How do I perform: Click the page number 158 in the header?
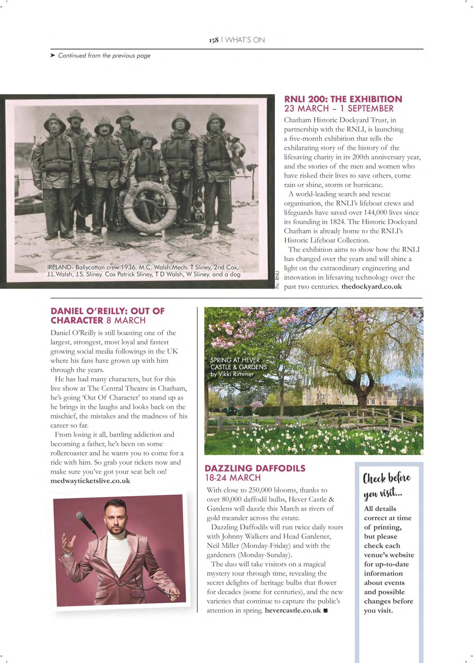(x=213, y=40)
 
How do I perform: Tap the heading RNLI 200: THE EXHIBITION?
(x=343, y=99)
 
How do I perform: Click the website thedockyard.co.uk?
(x=371, y=287)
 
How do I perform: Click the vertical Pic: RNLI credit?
(x=277, y=280)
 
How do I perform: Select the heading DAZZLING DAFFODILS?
(x=255, y=468)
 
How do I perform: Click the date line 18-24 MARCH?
(x=233, y=478)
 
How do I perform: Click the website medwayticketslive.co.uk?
(x=90, y=480)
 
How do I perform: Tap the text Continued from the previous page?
(x=104, y=56)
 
